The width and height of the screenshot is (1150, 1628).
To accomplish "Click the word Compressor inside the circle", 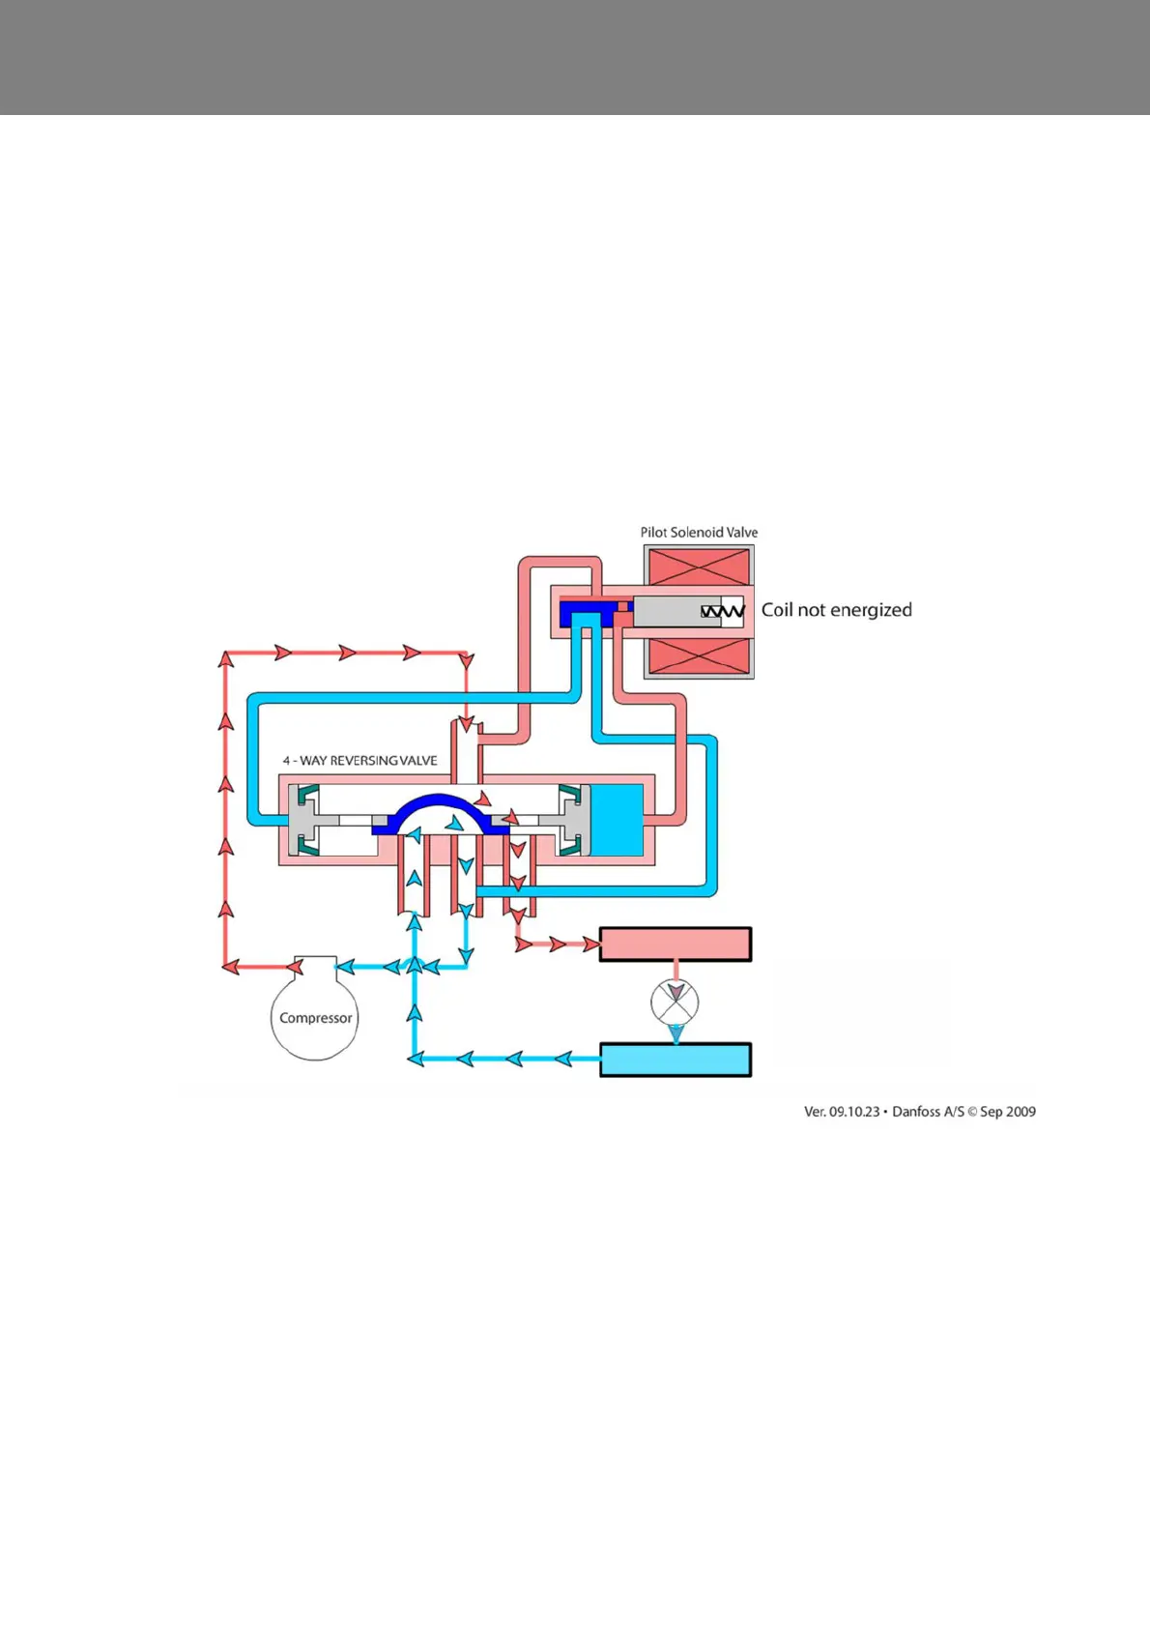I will coord(315,1018).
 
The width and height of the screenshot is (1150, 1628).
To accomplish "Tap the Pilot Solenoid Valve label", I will coord(699,533).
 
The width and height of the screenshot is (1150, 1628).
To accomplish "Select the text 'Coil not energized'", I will coord(836,610).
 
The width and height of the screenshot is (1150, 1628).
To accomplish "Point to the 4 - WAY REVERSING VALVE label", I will coord(359,761).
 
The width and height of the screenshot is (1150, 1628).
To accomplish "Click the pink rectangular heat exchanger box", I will coord(675,945).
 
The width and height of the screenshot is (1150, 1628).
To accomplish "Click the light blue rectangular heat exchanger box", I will coord(675,1060).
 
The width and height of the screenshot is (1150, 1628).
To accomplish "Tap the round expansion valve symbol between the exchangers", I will coord(675,1002).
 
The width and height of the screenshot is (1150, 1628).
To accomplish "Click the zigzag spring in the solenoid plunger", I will coord(722,611).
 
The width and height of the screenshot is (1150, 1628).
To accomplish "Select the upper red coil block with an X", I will coord(699,567).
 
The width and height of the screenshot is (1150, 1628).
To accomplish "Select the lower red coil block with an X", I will coord(699,656).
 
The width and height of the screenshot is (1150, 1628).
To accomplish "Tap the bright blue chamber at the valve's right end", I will coord(616,820).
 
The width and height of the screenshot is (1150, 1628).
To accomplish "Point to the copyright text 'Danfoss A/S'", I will coord(928,1112).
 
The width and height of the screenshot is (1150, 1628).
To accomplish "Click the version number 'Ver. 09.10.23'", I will coord(842,1112).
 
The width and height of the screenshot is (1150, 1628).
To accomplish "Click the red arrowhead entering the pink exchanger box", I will coord(590,945).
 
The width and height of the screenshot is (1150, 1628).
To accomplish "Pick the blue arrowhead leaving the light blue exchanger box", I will coord(564,1060).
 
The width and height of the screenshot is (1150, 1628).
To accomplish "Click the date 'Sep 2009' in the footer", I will coord(1008,1112).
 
